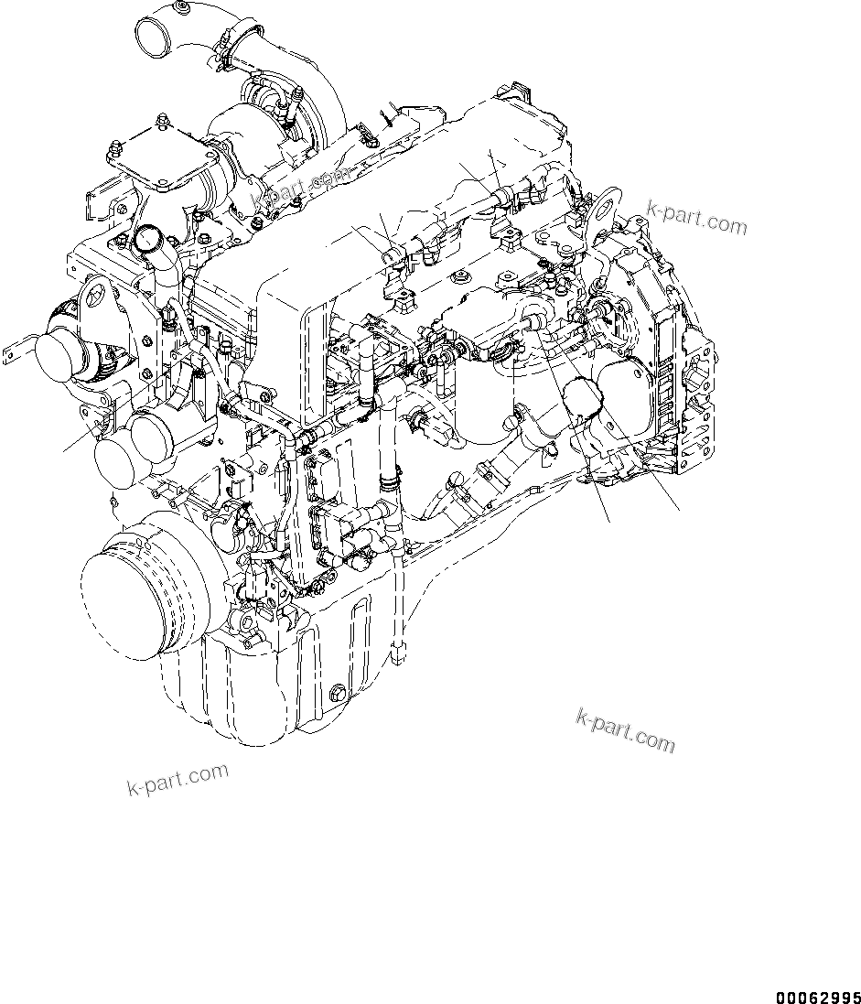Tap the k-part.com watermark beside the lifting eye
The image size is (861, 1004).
click(696, 217)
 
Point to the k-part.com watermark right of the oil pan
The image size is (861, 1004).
click(625, 729)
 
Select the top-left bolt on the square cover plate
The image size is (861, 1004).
click(115, 147)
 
